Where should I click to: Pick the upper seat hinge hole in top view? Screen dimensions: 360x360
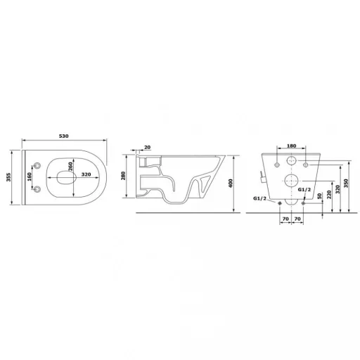[x=37, y=167]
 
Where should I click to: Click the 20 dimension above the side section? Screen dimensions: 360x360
[x=146, y=148]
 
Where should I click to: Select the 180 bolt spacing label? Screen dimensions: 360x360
[x=292, y=147]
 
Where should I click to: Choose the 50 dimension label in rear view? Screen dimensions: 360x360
[x=319, y=197]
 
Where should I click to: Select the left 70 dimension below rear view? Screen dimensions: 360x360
[x=284, y=219]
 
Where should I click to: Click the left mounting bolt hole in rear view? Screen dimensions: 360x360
[x=277, y=164]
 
